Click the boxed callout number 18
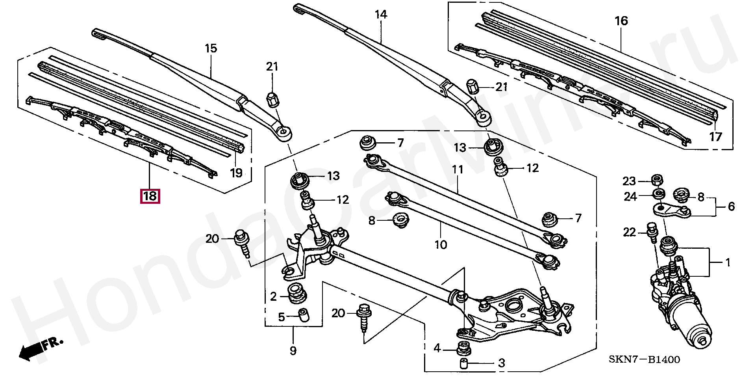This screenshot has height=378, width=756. tap(150, 196)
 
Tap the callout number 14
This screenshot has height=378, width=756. tap(381, 15)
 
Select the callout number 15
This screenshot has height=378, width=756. tap(211, 49)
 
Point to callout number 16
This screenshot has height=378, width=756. tap(621, 21)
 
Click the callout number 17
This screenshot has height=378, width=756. tap(715, 137)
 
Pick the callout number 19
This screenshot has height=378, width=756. tap(236, 173)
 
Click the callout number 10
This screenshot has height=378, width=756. tap(441, 245)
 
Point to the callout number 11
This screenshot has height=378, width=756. tap(458, 170)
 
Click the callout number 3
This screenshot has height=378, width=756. tap(501, 363)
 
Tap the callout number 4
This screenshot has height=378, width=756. tap(437, 348)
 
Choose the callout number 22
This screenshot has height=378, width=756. tap(630, 233)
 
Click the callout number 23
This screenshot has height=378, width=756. tap(629, 181)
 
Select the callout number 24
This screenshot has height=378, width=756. tap(630, 196)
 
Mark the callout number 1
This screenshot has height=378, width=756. tap(728, 263)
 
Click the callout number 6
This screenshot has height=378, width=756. tap(731, 207)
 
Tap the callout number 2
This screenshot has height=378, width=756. tap(274, 297)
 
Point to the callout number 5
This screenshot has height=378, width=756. tap(281, 317)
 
